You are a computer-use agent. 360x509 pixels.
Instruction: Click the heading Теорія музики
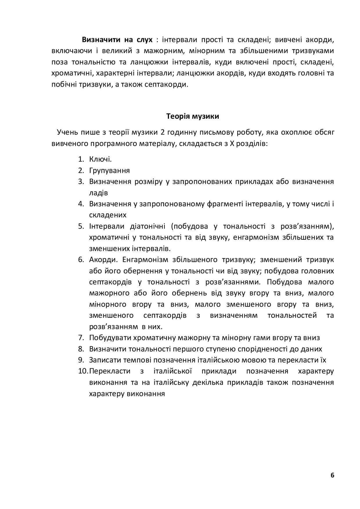pos(193,116)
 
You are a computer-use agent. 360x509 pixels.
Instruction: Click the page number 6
pos(332,475)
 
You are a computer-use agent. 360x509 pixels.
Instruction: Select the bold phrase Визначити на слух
pos(117,39)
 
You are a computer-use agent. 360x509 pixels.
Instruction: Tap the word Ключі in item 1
pos(100,159)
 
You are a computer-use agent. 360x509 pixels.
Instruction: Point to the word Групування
pos(109,170)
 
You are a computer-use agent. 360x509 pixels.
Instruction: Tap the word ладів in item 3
pos(98,193)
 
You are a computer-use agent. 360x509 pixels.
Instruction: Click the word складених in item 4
pos(108,215)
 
